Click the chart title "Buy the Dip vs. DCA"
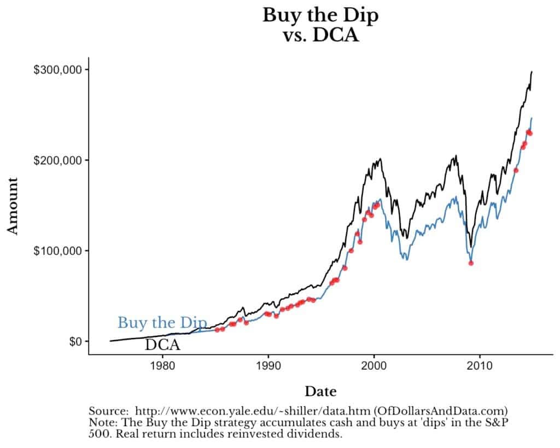coord(320,25)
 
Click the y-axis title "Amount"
coord(13,205)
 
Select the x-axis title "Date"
coord(320,391)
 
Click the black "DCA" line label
coord(162,345)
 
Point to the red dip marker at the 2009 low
coord(471,263)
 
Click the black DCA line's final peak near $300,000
coord(532,72)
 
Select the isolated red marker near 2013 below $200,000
coord(516,170)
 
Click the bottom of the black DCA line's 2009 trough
coord(470,247)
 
